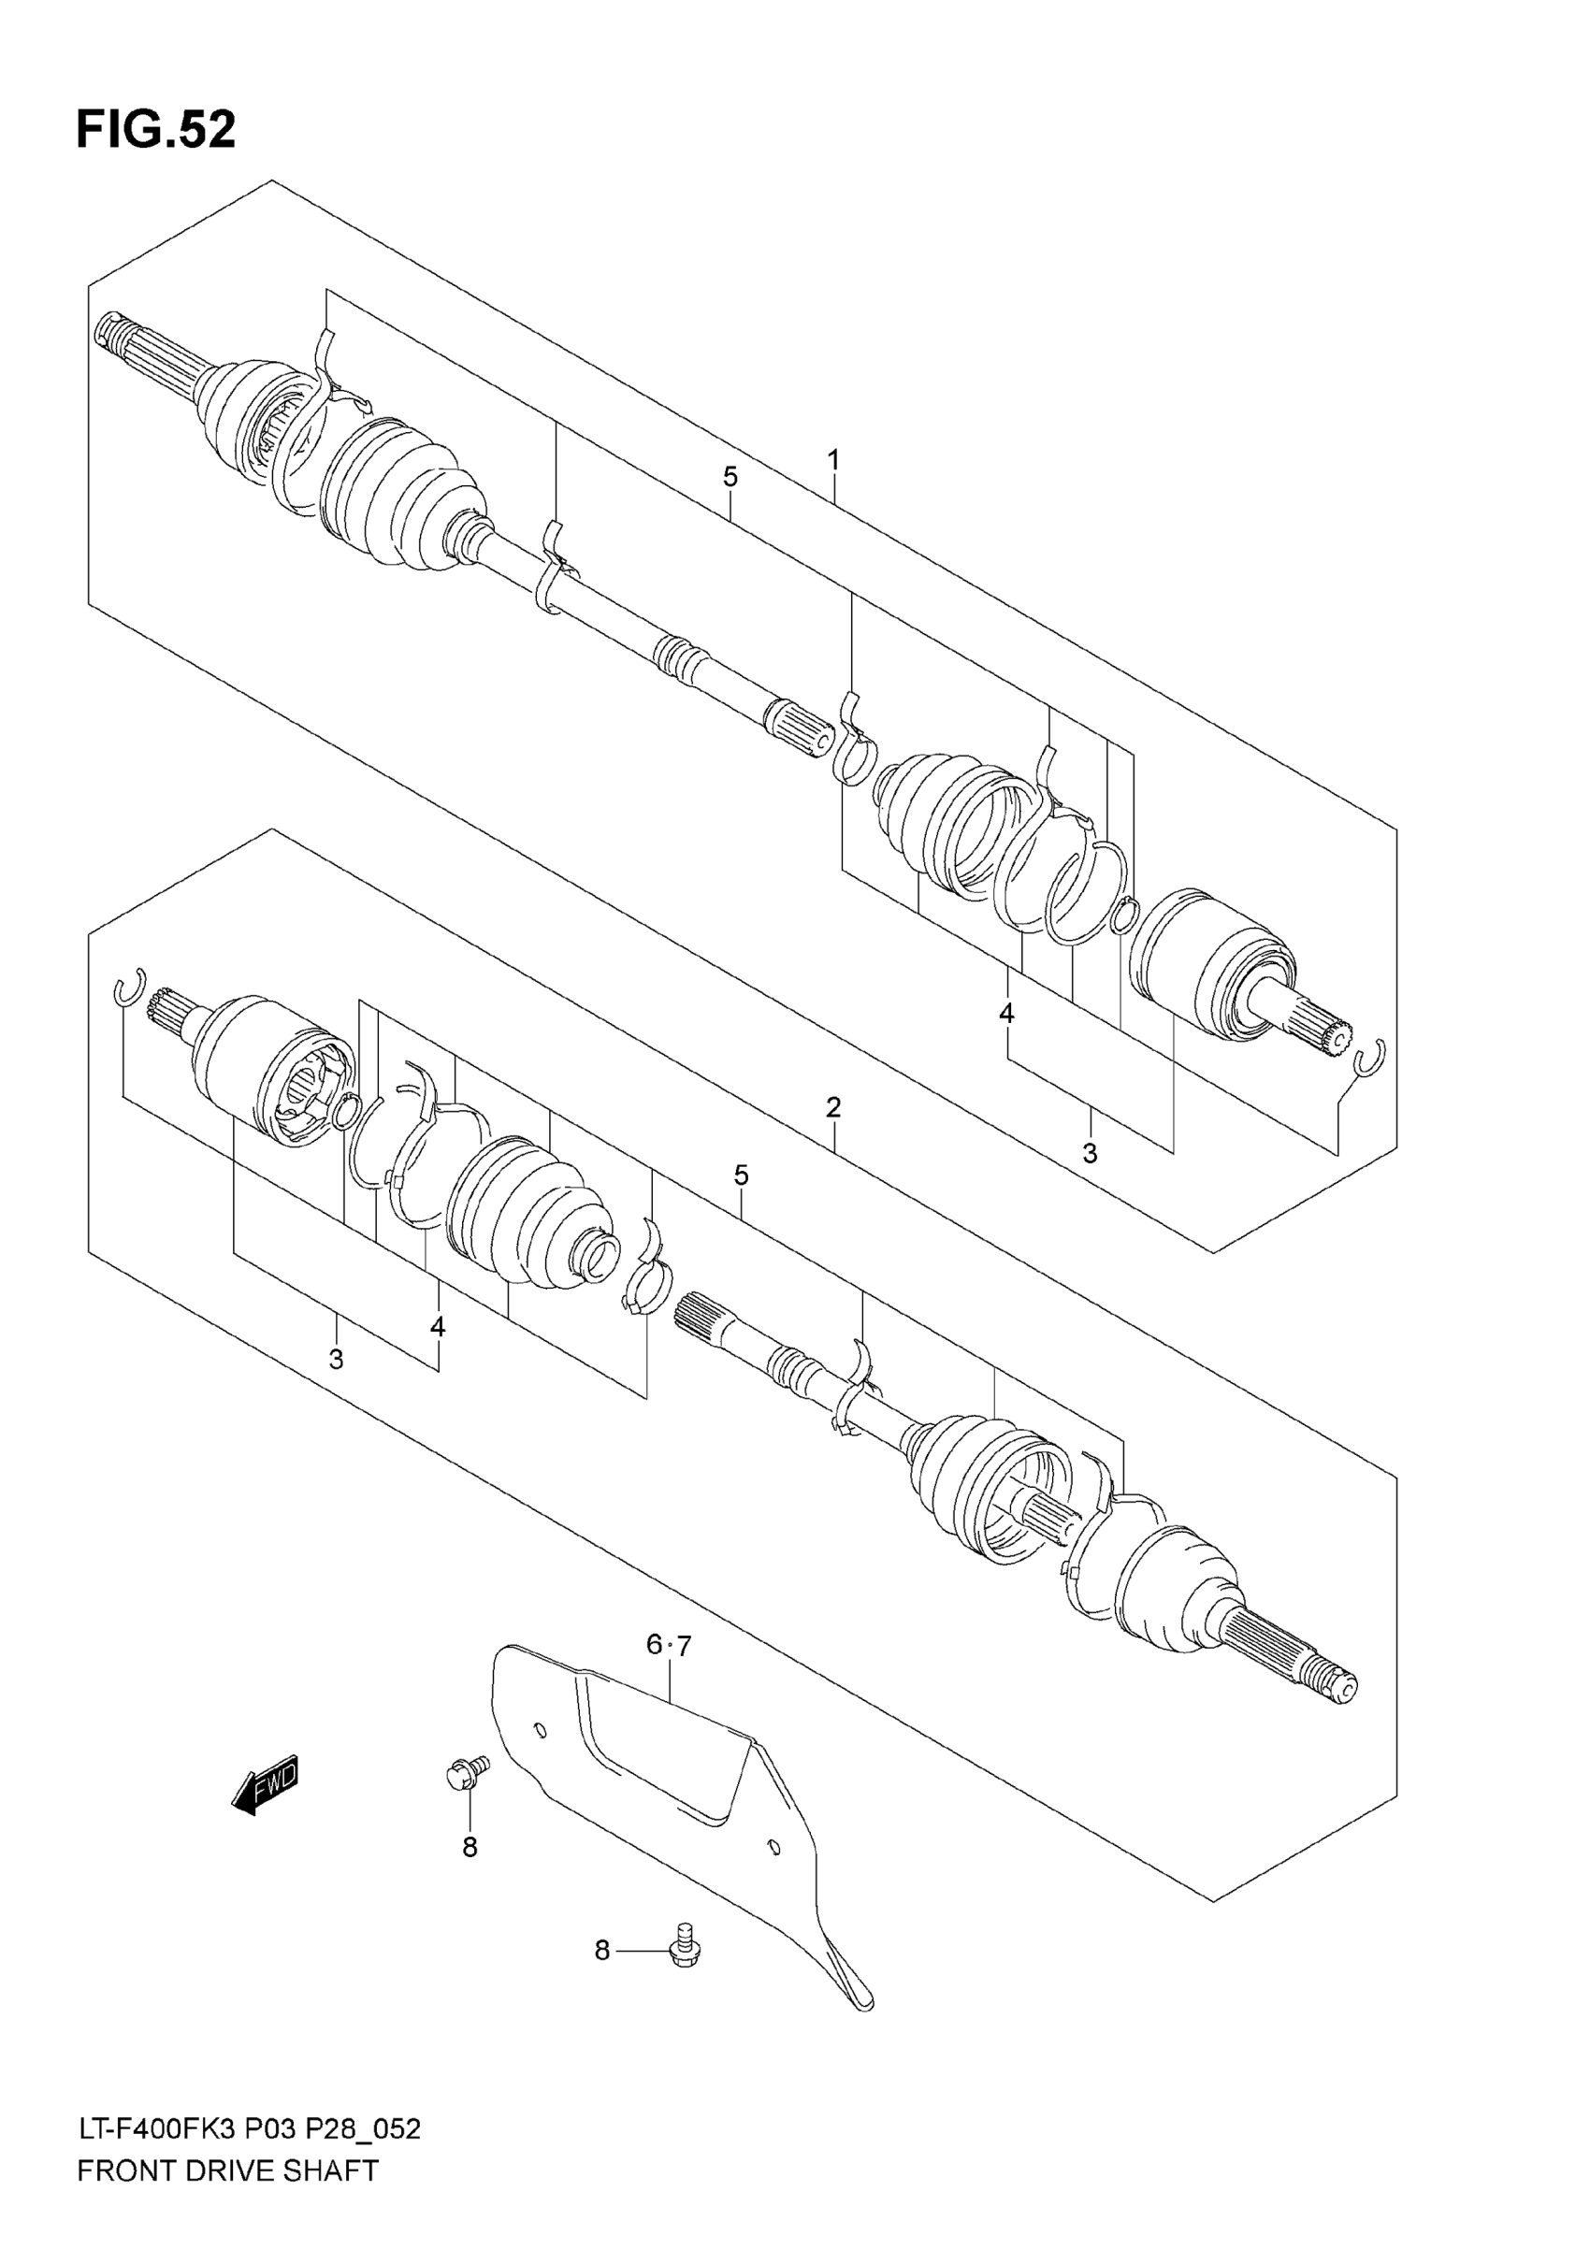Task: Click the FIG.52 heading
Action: (156, 130)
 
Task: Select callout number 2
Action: (832, 1108)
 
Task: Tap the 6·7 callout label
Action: (668, 1646)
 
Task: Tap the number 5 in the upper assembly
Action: (730, 477)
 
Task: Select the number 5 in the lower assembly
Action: (741, 1175)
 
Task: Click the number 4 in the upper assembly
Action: (1006, 1014)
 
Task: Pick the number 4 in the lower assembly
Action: (437, 1327)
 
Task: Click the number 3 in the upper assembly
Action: (1090, 1154)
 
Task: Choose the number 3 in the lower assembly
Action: (336, 1360)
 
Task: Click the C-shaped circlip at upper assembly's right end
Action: (1370, 1058)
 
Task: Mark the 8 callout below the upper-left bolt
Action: (470, 1848)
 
